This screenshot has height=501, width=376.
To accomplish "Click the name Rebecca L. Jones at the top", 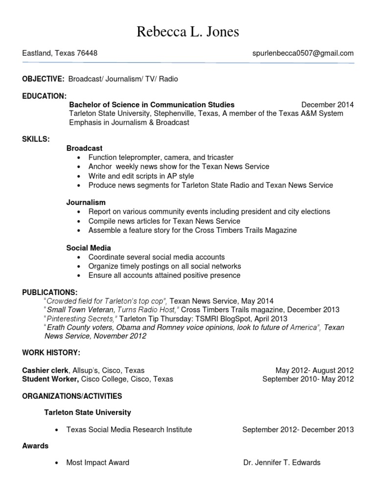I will point(188,32).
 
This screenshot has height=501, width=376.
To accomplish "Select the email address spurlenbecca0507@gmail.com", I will point(300,53).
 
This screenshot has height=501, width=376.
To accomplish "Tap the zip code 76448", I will point(87,53).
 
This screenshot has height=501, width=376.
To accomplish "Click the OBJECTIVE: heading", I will point(43,79).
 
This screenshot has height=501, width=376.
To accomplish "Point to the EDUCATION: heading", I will point(44,95).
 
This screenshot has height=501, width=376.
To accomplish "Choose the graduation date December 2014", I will point(327,105).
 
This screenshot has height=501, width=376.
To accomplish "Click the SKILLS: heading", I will point(36,139).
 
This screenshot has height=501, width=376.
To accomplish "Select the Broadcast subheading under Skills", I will point(84,148).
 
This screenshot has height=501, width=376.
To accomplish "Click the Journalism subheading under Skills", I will point(86,202).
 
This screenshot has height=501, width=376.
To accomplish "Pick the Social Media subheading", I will point(89,248).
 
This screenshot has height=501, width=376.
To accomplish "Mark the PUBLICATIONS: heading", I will point(49,292).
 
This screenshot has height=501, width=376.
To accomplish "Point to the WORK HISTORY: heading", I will point(51,353).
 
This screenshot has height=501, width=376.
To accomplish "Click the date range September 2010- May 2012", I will point(307,379).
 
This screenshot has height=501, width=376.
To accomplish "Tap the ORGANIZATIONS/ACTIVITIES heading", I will point(72,396).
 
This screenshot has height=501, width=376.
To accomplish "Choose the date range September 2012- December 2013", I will point(298,430).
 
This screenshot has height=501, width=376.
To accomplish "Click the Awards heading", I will point(35,446).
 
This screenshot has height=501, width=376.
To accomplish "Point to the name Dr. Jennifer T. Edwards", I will point(282,462).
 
